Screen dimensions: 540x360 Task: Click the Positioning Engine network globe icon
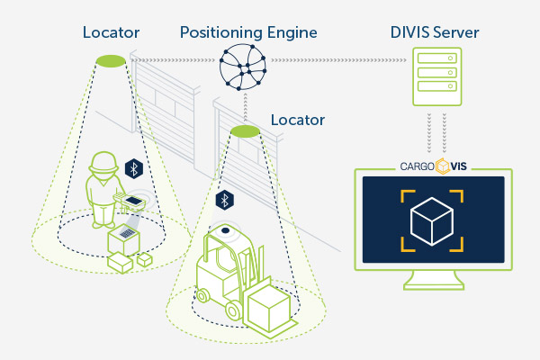[x=243, y=67]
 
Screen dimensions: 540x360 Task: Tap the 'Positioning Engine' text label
[x=248, y=33]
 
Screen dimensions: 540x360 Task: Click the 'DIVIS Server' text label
[x=435, y=32]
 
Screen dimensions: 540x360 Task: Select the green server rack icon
[x=437, y=76]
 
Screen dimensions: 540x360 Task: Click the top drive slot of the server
[x=437, y=58]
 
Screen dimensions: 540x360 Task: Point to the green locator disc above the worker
[x=111, y=61]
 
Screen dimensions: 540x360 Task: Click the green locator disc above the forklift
[x=245, y=131]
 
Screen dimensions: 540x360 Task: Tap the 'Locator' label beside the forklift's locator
[x=298, y=120]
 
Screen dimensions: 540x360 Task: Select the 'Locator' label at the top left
[x=111, y=32]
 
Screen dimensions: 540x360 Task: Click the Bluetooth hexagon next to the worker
[x=133, y=168]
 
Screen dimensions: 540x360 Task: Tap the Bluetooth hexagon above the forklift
[x=224, y=200]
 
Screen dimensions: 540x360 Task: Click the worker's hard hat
[x=103, y=162]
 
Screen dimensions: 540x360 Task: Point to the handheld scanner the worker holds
[x=130, y=201]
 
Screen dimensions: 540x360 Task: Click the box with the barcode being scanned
[x=123, y=239]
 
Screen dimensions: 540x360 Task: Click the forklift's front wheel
[x=233, y=310]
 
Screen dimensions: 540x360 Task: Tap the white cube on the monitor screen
[x=432, y=221]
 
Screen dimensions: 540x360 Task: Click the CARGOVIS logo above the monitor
[x=433, y=166]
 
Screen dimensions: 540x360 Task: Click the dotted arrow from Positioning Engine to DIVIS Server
[x=338, y=60]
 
